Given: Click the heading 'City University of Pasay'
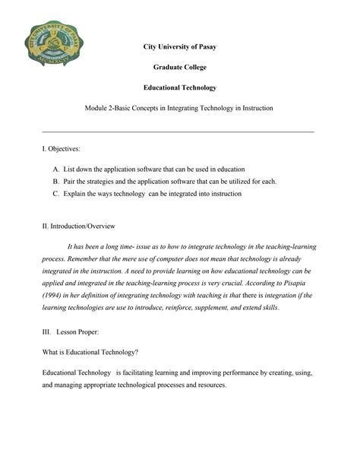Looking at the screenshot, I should tap(180, 48).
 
